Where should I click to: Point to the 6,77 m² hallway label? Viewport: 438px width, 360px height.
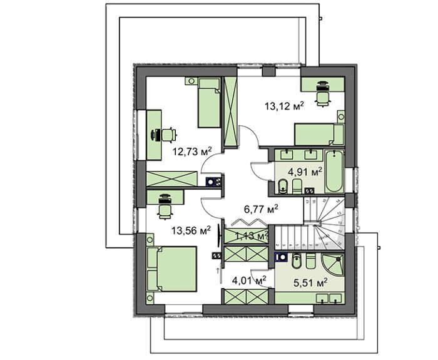[260, 208]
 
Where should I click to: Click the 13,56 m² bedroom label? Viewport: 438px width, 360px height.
[190, 230]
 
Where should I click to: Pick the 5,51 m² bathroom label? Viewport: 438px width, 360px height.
[311, 282]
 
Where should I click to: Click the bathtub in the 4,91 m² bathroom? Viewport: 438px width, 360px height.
[334, 172]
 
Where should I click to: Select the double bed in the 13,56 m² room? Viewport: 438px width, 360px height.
[171, 267]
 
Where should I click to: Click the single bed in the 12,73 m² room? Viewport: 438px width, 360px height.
[208, 102]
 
